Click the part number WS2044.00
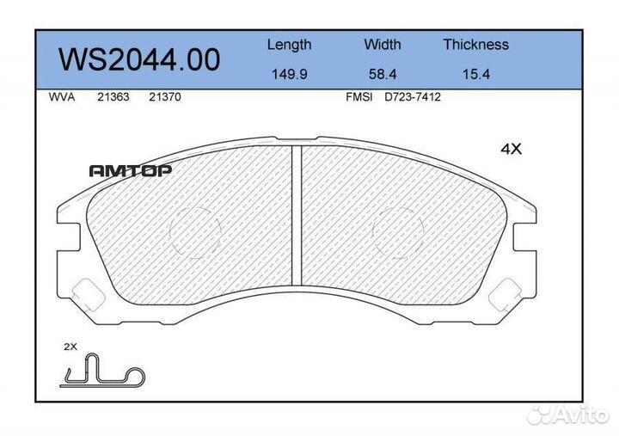[x=139, y=59]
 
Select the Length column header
[x=290, y=45]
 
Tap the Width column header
[x=382, y=44]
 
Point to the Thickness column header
[x=475, y=44]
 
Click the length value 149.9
[x=290, y=74]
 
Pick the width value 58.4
[x=382, y=74]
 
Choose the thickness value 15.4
[x=475, y=74]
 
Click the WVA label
[x=62, y=97]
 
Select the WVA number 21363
[x=113, y=97]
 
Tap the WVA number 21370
[x=164, y=97]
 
